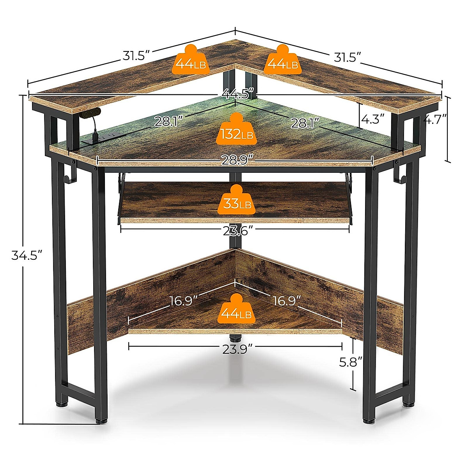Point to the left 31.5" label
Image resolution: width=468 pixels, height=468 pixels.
[x=136, y=56]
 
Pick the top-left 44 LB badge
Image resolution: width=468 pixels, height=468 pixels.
[x=191, y=60]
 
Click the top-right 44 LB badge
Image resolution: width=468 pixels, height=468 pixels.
[x=282, y=60]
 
